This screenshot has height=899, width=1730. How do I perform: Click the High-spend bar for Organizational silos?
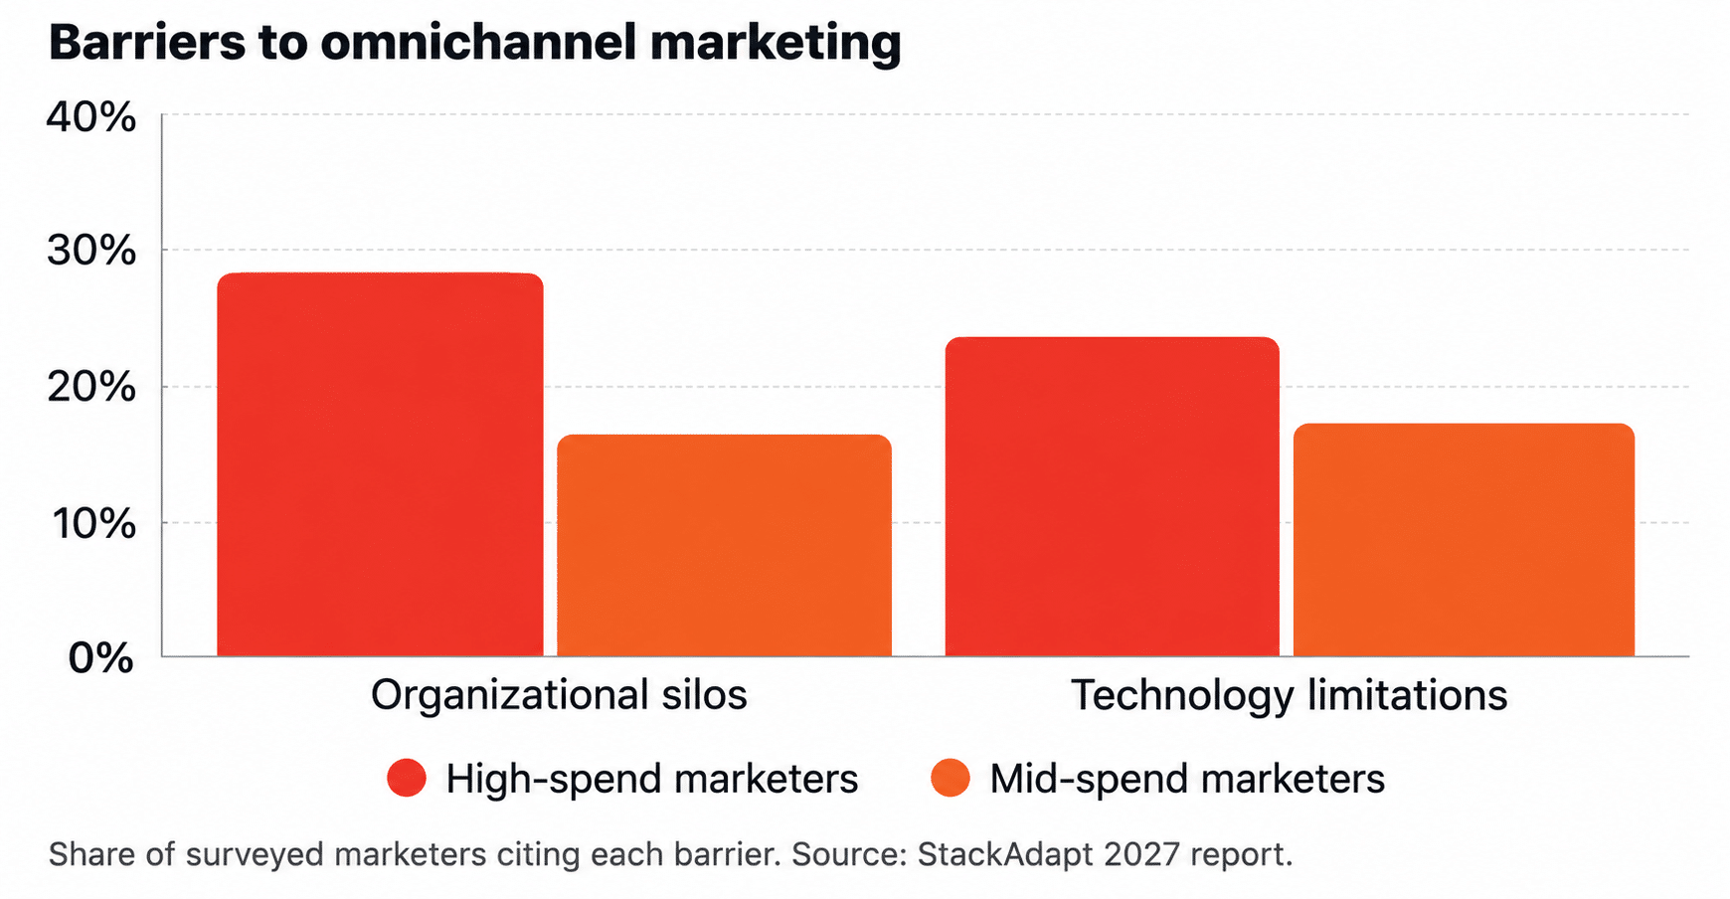click(380, 464)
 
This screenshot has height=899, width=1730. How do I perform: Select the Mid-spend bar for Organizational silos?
click(724, 545)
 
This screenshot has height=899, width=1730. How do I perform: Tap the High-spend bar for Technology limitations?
click(1112, 496)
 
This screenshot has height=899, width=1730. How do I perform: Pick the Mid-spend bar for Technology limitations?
click(1464, 540)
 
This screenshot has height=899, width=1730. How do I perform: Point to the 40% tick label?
click(91, 117)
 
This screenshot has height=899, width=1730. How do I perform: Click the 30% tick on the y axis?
click(91, 251)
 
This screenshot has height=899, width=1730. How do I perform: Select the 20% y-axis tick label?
click(91, 387)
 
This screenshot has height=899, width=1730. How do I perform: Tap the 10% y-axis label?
click(93, 523)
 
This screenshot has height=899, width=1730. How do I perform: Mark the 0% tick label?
click(100, 657)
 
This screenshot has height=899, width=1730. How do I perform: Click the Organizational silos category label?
click(559, 695)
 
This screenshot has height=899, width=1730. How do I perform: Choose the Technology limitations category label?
click(1289, 695)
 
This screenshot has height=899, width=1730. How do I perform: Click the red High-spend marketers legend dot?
click(407, 778)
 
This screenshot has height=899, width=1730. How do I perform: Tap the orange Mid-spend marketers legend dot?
click(951, 778)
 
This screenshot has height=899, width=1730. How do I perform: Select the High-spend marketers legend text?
click(651, 779)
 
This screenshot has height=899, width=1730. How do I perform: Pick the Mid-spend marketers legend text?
click(1187, 779)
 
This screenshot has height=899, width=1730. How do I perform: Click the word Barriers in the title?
click(147, 43)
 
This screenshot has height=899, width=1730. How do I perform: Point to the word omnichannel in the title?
click(478, 43)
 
